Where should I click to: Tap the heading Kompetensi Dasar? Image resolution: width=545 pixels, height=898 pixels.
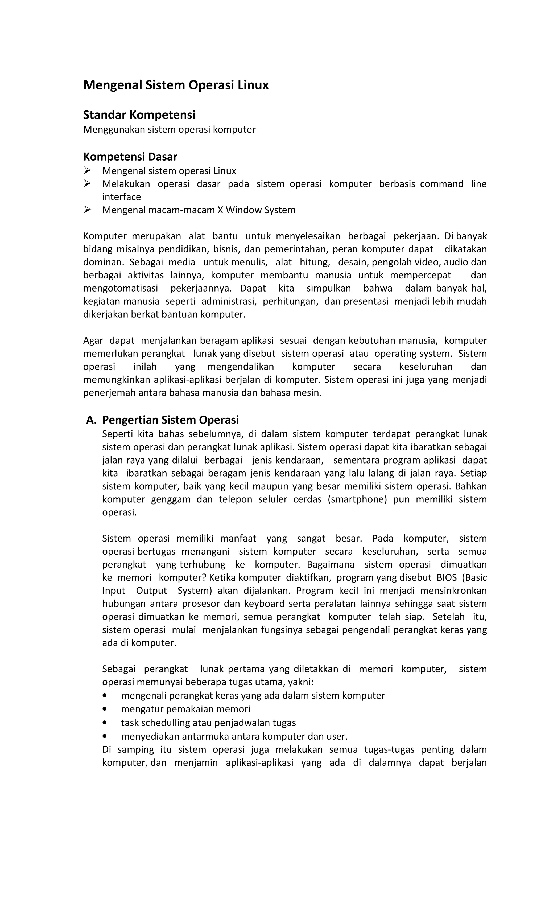(x=130, y=157)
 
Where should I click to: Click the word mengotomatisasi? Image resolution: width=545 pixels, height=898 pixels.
(x=121, y=288)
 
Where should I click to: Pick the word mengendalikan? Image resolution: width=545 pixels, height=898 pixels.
(x=241, y=367)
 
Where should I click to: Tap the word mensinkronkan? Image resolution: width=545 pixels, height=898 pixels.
(x=453, y=591)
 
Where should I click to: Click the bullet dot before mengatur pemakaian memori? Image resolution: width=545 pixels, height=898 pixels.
(x=105, y=709)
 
